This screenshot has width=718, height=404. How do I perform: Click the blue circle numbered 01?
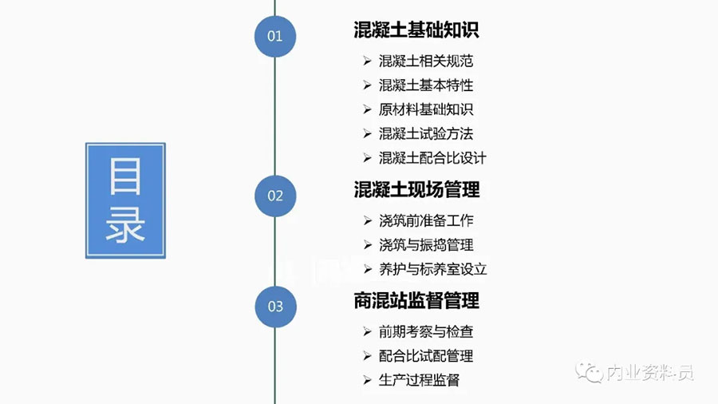[274, 36]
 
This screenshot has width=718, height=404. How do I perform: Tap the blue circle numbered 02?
[275, 196]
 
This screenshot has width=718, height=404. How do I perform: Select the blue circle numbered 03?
[275, 307]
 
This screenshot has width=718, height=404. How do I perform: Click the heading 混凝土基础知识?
[416, 30]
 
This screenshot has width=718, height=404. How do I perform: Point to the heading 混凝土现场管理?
[416, 190]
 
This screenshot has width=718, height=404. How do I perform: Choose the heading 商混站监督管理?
[416, 300]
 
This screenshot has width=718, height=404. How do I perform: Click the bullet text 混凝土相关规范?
[426, 61]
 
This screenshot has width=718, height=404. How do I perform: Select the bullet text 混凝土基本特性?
[426, 85]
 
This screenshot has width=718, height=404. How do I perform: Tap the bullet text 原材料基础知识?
[426, 109]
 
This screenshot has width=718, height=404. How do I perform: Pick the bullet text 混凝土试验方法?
[426, 134]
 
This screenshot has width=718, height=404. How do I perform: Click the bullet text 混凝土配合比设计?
[432, 158]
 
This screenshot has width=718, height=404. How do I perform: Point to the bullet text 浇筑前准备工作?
[426, 221]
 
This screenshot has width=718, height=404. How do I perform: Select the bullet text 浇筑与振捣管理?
[426, 245]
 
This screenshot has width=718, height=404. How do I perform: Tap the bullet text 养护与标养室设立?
[432, 269]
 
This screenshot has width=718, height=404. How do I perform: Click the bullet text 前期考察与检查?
[426, 331]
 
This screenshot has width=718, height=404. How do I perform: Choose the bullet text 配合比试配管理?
[426, 356]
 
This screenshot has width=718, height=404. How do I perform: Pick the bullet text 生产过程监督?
[419, 380]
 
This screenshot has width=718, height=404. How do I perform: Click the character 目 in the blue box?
[125, 176]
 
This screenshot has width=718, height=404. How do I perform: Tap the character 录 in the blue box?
[125, 225]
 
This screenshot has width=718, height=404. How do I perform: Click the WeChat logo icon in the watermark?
[589, 372]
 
